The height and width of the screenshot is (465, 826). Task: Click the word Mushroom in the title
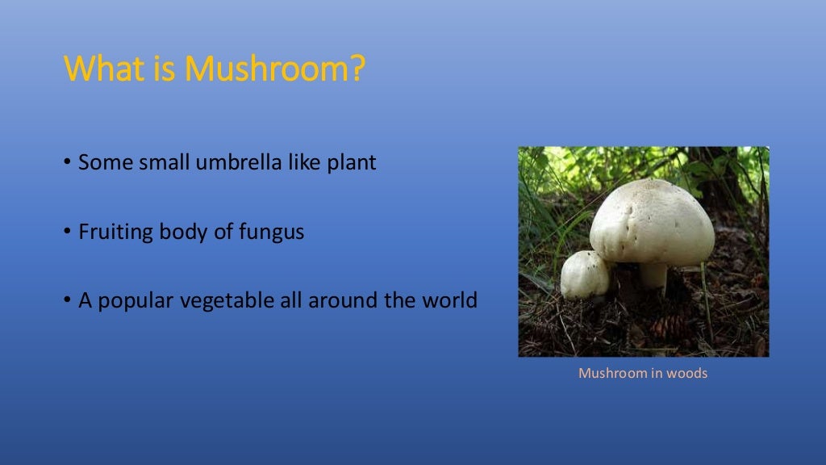(269, 69)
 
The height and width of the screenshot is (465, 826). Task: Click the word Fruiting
(112, 232)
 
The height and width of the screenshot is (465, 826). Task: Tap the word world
(448, 301)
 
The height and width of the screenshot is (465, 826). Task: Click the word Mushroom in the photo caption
(612, 373)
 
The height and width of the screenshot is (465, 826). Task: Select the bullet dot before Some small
(68, 163)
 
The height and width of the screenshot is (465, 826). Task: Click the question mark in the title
(356, 69)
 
